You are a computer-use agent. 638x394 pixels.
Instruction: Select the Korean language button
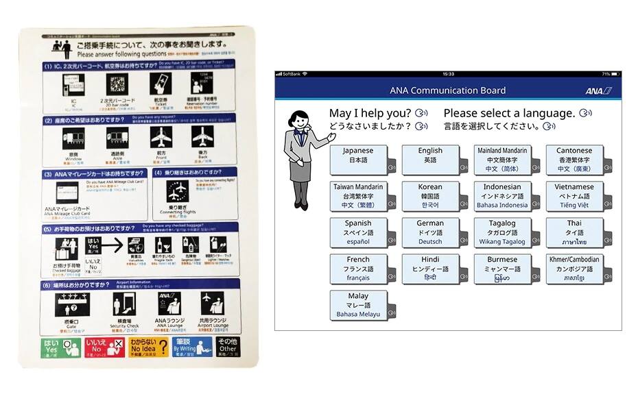pos(430,195)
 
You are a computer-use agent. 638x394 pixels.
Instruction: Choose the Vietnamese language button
pos(574,195)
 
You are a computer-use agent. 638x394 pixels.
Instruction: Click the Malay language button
pos(357,305)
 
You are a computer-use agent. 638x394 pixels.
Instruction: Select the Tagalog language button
pos(501,232)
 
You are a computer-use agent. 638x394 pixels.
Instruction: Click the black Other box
pos(227,347)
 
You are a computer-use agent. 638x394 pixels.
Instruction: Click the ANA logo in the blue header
pos(598,90)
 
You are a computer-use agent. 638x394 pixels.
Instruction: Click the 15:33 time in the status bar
pos(448,74)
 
